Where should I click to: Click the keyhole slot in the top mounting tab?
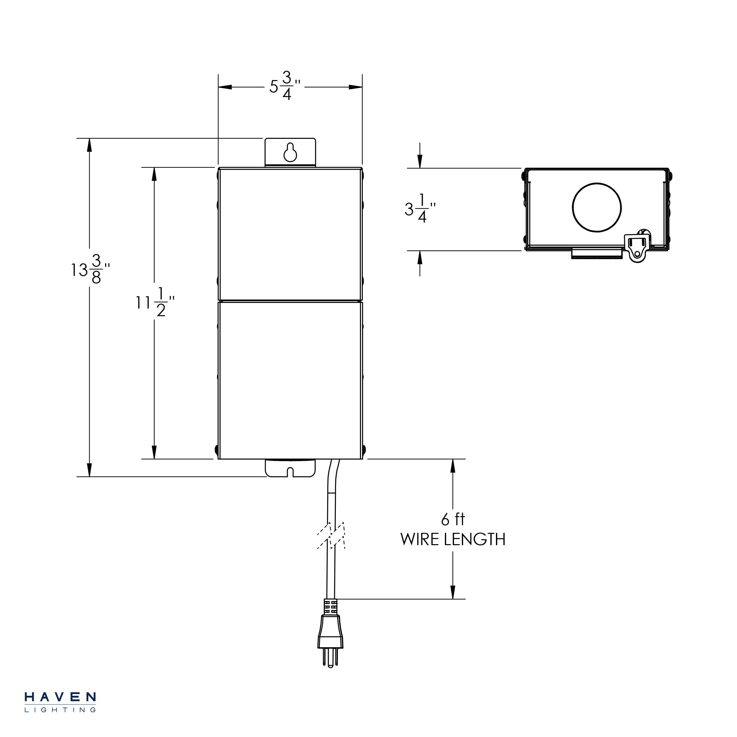click(x=290, y=152)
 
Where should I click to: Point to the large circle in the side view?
click(x=597, y=207)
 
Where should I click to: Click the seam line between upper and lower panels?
click(x=290, y=301)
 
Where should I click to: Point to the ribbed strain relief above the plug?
click(x=331, y=606)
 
